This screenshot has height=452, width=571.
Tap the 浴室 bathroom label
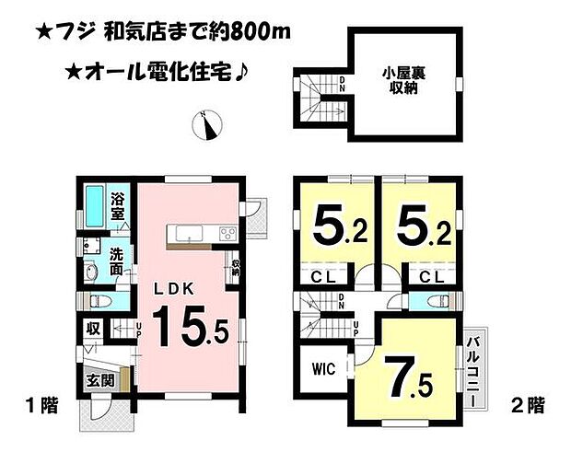pos(118,205)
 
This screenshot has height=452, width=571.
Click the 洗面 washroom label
pos(118,261)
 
